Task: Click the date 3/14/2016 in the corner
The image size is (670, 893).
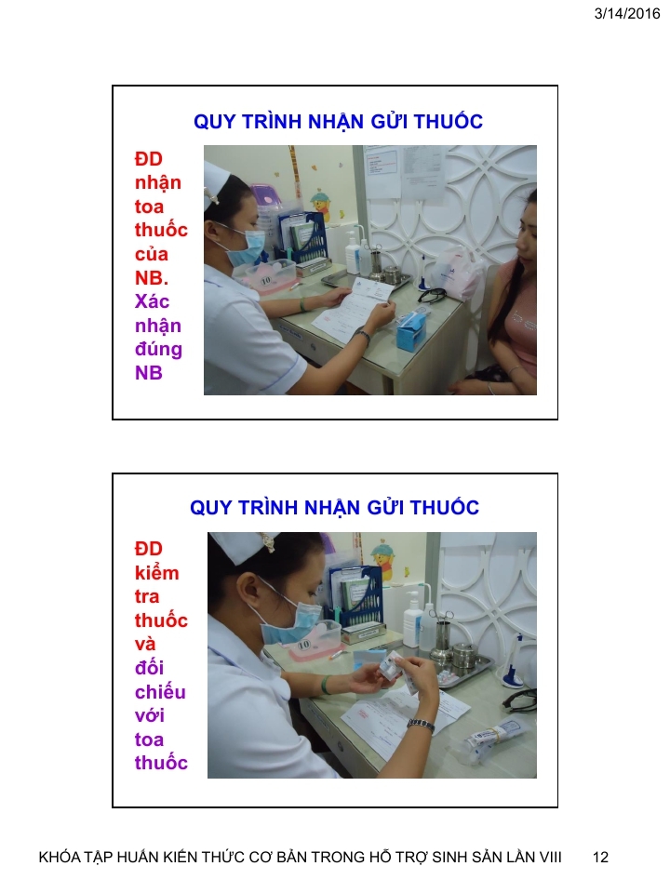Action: [x=626, y=13]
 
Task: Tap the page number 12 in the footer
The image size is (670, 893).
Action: [x=600, y=857]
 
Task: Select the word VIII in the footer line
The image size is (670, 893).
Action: [x=550, y=857]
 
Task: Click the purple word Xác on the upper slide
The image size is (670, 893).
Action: [x=152, y=301]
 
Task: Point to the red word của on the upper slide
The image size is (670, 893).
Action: [x=152, y=254]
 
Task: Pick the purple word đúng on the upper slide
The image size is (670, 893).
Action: [x=158, y=349]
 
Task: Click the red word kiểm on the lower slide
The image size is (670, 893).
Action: [x=156, y=572]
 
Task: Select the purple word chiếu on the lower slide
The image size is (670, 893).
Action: [x=160, y=692]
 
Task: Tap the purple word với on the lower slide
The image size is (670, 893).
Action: [x=149, y=715]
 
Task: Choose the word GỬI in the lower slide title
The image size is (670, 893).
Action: [x=384, y=507]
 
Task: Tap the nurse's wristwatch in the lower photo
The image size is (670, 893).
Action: [x=421, y=724]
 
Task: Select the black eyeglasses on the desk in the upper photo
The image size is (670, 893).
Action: [x=432, y=295]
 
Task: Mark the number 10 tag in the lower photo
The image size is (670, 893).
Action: [x=303, y=645]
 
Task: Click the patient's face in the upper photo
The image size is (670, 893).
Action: [x=527, y=228]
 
